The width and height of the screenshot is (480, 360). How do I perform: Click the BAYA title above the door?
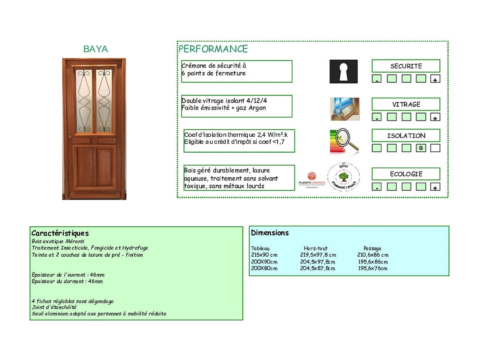(95, 49)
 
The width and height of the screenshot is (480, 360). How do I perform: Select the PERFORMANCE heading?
(213, 49)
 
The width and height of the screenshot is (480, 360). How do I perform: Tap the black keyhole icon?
(343, 72)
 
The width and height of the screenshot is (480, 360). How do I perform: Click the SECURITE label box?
(406, 66)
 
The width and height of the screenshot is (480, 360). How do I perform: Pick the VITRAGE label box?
(406, 104)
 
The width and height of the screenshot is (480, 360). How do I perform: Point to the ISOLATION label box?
(406, 136)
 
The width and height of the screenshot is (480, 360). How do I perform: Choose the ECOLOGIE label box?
(406, 174)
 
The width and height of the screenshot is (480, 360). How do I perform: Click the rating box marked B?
(421, 148)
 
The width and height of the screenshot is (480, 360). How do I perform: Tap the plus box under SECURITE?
(435, 79)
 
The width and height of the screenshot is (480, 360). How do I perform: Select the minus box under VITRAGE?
(377, 118)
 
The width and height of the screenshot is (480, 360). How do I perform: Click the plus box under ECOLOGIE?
(435, 187)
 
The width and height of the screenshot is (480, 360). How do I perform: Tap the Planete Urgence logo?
(312, 180)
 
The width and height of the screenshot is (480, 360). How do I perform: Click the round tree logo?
(343, 177)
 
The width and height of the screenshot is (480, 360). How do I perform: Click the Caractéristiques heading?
(60, 233)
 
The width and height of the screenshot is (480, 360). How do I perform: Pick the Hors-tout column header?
(315, 249)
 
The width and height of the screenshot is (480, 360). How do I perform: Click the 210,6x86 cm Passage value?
(373, 255)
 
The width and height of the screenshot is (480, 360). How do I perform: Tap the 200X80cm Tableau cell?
(264, 269)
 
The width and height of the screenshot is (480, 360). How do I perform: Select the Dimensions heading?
(270, 233)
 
